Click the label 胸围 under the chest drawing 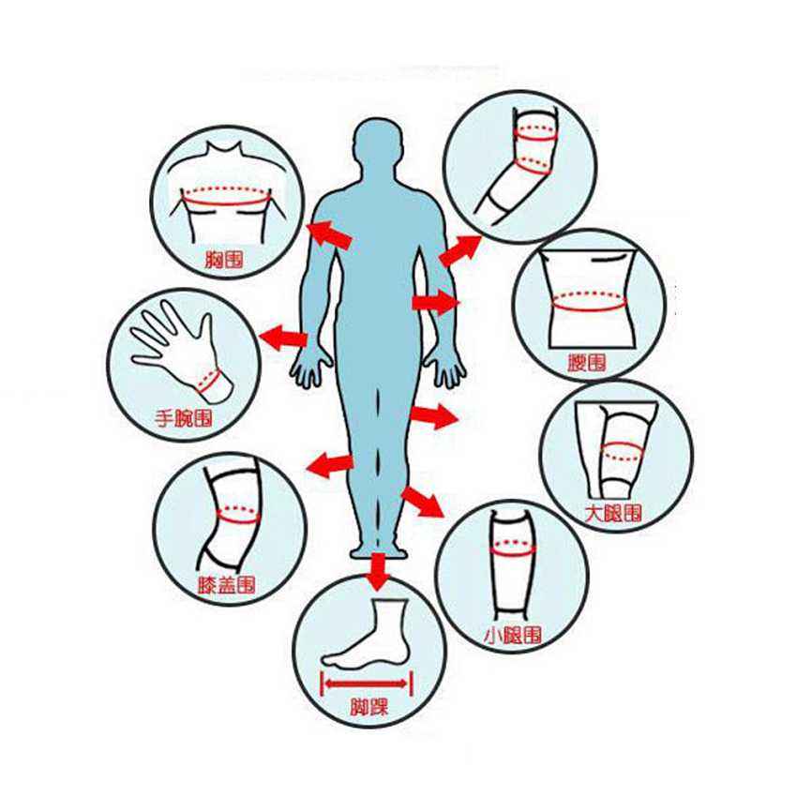224,260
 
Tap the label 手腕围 184,418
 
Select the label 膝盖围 226,585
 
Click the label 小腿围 513,635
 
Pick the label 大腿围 613,514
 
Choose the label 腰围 587,363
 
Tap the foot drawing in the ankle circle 367,633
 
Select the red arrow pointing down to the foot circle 377,572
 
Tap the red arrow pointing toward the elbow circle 460,250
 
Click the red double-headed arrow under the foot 366,684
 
